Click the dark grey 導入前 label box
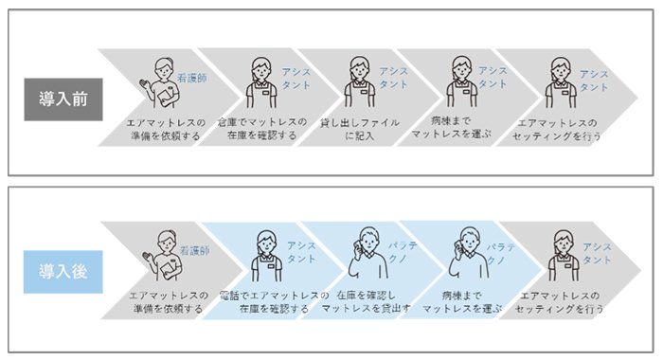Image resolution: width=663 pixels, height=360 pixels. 63,99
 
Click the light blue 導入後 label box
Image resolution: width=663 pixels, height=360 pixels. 63,272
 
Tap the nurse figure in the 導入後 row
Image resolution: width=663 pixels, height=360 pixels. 162,256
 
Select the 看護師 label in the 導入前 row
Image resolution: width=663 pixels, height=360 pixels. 192,78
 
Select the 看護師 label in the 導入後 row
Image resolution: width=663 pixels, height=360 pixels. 194,250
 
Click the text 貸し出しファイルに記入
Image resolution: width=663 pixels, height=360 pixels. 359,129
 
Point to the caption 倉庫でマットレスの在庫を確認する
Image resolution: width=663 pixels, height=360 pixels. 262,129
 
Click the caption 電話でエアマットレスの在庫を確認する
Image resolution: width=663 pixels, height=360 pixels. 274,301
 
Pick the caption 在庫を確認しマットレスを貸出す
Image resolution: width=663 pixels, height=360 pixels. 366,301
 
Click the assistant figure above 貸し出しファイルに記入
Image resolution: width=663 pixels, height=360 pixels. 360,82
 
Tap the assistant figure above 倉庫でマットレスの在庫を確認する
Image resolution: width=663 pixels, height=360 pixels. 262,82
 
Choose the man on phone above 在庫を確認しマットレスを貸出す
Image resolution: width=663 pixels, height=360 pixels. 367,253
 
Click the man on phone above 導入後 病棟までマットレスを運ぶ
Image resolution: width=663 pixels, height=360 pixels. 469,253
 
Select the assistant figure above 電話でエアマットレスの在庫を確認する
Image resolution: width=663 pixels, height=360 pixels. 267,256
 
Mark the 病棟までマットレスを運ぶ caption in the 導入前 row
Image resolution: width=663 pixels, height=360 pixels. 451,127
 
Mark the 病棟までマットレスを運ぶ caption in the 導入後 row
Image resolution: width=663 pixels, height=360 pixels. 462,301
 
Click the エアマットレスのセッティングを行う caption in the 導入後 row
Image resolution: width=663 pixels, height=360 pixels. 559,302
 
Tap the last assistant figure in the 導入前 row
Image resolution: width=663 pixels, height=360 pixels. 561,83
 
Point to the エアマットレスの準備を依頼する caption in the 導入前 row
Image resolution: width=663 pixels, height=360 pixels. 166,130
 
